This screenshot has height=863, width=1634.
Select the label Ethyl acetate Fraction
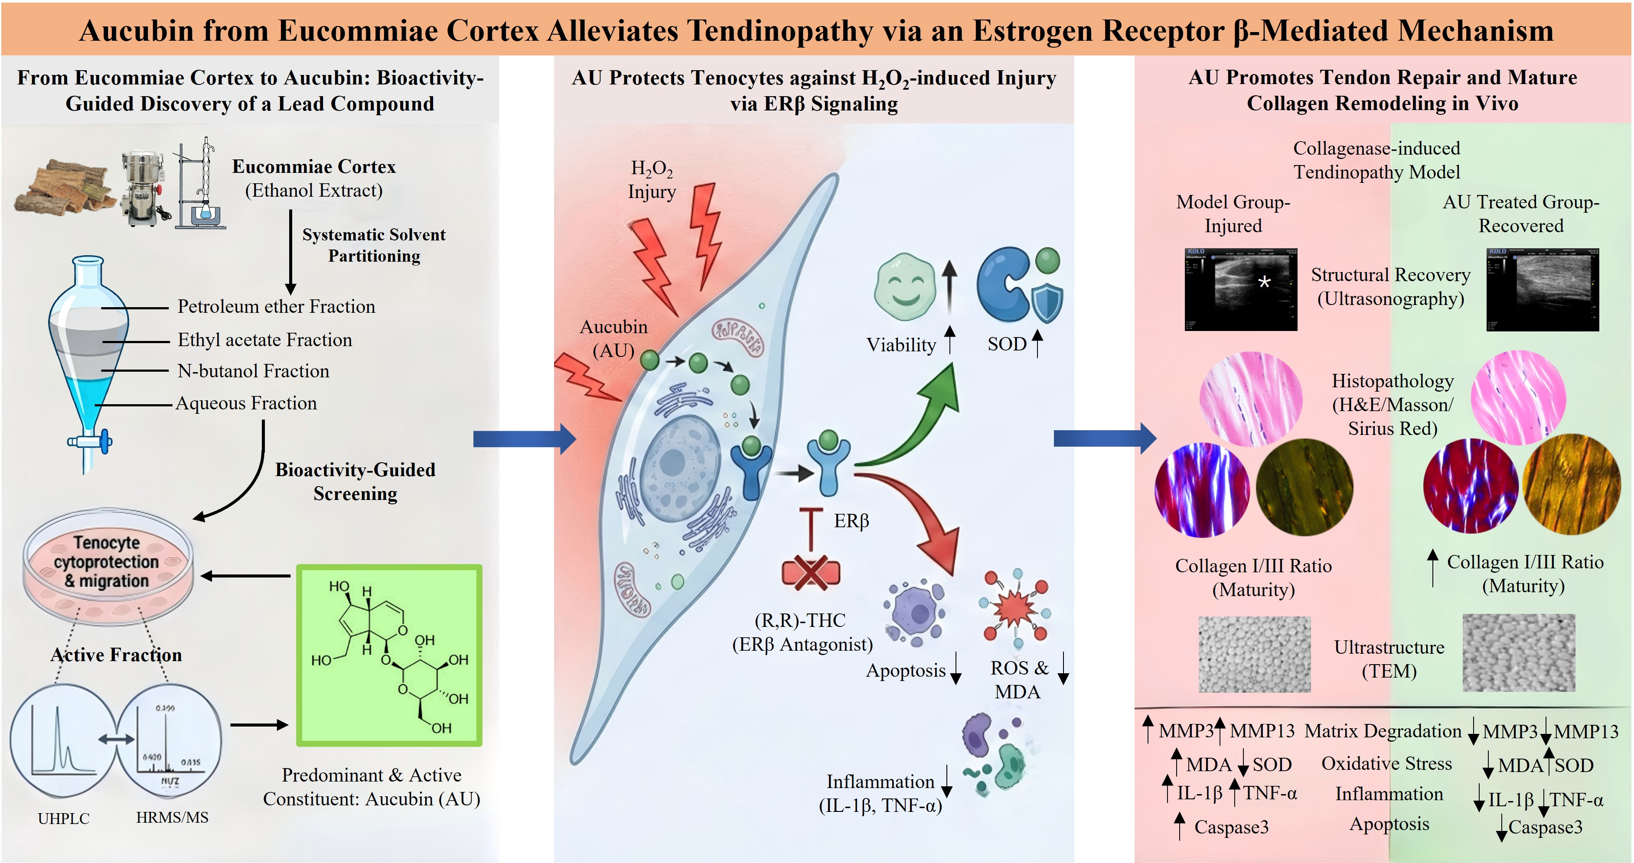[264, 340]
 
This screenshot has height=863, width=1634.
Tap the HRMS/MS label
[172, 818]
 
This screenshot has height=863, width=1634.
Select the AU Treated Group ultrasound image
[1542, 289]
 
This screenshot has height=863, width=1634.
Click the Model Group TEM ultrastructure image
[1254, 654]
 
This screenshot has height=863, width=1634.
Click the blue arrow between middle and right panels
[1104, 438]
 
